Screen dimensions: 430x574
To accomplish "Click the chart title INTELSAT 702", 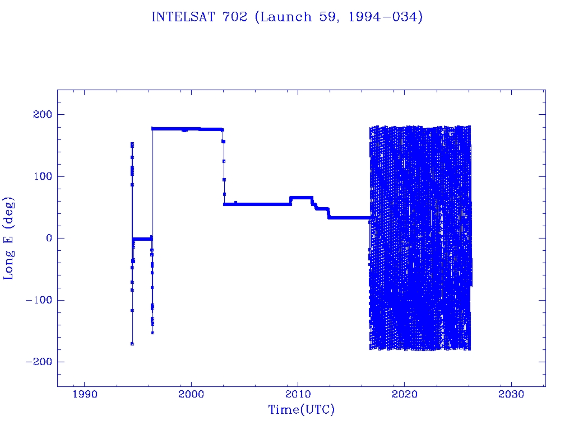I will coord(287,17).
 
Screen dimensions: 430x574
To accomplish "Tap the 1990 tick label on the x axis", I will coord(85,395).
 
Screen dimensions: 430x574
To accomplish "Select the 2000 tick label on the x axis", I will coord(191,395).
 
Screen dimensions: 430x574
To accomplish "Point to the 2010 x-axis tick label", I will coord(298,395).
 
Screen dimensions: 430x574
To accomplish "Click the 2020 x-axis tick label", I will coord(404,395).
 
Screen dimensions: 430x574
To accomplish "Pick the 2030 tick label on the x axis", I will coord(511,395).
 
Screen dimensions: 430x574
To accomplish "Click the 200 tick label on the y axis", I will coord(41,115).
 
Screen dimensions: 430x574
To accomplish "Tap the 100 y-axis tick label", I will coord(41,176).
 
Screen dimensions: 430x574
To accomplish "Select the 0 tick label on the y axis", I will coord(47,239).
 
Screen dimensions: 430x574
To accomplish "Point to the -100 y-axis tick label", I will coord(38,300).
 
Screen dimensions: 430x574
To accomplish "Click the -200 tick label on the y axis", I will coord(38,362).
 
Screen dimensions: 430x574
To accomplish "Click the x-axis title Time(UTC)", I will coord(301,410).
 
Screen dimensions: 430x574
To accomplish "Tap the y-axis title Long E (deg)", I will coord(10,238).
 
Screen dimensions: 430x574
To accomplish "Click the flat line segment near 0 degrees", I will coord(142,239).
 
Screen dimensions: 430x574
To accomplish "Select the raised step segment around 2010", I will coord(301,198).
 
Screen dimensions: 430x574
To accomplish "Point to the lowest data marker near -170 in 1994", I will coord(132,344).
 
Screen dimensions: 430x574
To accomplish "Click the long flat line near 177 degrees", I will coord(185,129).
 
